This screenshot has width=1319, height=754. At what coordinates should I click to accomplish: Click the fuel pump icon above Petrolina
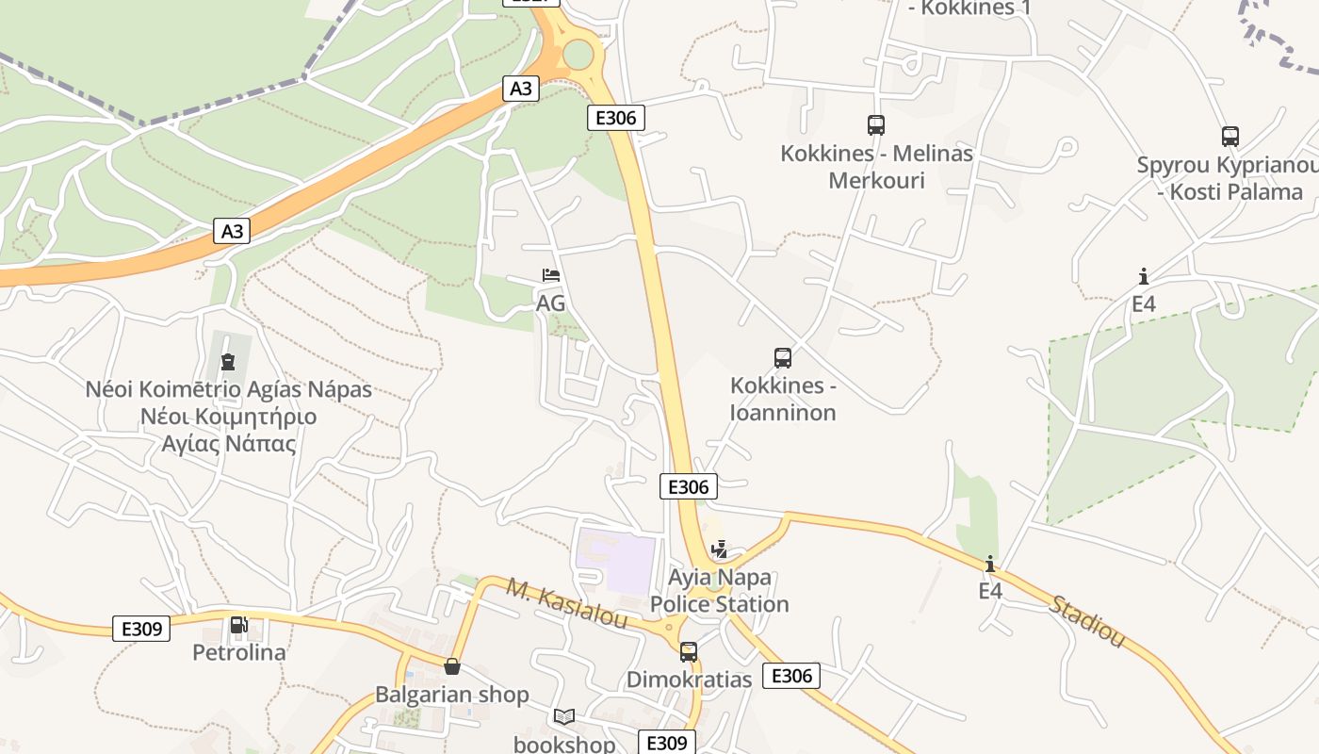point(238,625)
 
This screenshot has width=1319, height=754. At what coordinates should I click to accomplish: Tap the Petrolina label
point(239,652)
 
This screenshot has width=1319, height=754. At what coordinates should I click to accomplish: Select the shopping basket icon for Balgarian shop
point(452,666)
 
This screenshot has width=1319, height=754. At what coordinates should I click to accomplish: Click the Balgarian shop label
point(452,695)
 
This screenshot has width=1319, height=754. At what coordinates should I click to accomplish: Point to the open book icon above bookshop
point(563,717)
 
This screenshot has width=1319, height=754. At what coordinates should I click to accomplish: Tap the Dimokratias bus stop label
point(690,680)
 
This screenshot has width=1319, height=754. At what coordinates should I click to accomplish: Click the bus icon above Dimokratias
point(689,651)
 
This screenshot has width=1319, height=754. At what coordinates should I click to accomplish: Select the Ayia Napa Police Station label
point(720,591)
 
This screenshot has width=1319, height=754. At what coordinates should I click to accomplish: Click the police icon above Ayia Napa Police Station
point(720,549)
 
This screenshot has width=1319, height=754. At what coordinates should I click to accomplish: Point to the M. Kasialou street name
point(567,603)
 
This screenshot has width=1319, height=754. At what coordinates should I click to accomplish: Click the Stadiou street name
point(1087,622)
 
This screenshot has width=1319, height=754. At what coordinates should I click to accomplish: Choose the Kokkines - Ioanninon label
point(783,399)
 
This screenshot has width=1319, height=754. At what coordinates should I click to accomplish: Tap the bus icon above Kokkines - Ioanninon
point(783,358)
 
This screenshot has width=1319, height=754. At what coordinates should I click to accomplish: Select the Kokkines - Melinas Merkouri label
point(876,167)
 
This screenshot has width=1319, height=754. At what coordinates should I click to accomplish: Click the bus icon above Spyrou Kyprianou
point(1230,137)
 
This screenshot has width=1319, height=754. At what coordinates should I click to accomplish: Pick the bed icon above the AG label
point(551,275)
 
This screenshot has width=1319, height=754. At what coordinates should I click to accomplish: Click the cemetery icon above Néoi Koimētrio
point(227,361)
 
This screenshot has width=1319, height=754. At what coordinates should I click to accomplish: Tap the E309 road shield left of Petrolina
point(141,629)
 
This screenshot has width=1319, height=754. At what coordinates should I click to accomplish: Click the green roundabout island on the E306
point(578,55)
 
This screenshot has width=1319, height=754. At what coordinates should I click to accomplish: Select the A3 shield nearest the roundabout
point(521,89)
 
